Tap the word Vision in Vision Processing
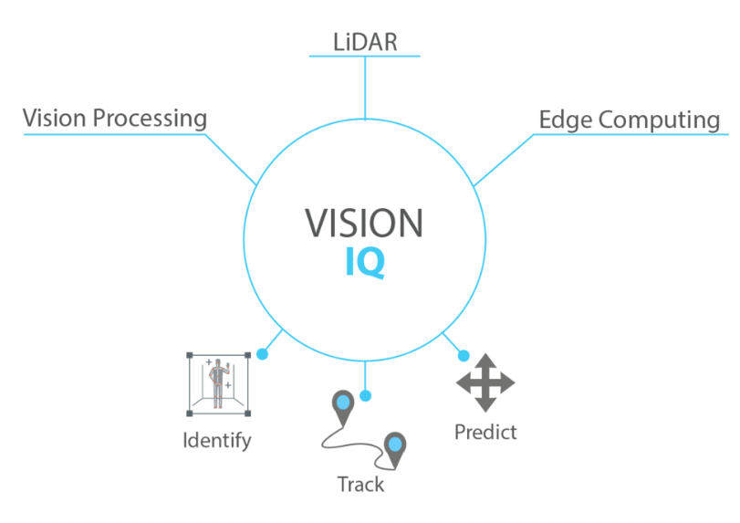coord(55,119)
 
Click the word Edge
coord(566,120)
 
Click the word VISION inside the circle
coord(364,224)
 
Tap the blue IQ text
coord(364,263)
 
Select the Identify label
coord(217,440)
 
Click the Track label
coord(360,484)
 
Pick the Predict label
coord(485,431)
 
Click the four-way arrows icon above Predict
coord(485,382)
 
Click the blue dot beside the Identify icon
coord(262,353)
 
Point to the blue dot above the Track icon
coord(365,395)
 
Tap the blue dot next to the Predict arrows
coord(463,355)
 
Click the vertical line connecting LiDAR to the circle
coord(365,87)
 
